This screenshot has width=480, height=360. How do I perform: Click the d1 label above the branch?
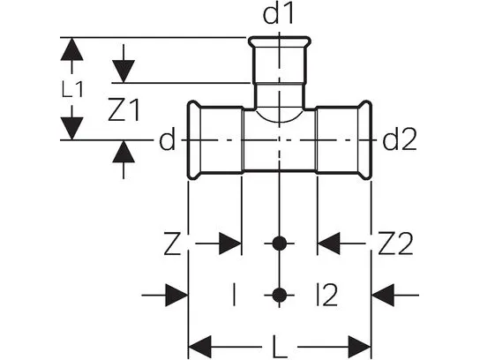(x=278, y=14)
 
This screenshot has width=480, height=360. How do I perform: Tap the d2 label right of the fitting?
(x=400, y=139)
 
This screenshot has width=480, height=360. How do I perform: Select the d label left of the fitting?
(x=167, y=139)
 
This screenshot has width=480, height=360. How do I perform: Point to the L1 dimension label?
(x=72, y=90)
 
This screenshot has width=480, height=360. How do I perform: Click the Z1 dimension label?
(x=124, y=109)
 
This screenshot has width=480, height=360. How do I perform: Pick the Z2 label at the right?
(x=395, y=244)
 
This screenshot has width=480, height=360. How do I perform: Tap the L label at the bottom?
(x=279, y=348)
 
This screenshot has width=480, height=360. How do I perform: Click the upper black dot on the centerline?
(x=279, y=244)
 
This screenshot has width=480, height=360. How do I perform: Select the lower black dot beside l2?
(x=279, y=295)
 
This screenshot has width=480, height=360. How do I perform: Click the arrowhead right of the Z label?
(x=230, y=244)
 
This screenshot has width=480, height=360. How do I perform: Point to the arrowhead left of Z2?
(x=329, y=244)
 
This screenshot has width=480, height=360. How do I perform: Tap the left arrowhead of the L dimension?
(x=199, y=348)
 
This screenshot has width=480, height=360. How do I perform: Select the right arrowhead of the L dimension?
(x=359, y=348)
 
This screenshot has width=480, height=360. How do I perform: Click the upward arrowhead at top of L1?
(x=72, y=49)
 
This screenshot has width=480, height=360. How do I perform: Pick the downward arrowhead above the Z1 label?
(x=124, y=71)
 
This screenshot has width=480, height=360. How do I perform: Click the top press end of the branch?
(x=279, y=42)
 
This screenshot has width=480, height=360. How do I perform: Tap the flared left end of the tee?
(x=193, y=139)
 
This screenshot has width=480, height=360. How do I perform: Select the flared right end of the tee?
(x=365, y=139)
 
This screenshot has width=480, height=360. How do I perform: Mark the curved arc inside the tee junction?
(x=279, y=123)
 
